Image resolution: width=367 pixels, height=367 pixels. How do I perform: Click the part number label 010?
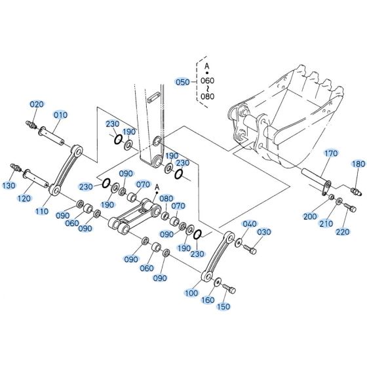click(60, 115)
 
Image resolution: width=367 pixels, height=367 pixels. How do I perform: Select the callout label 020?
click(37, 104)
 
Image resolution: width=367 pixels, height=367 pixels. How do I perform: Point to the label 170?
click(332, 153)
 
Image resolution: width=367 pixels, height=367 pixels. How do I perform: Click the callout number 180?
click(358, 164)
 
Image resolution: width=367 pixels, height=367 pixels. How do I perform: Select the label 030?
click(263, 232)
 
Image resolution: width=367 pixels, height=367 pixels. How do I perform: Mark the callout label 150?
click(223, 307)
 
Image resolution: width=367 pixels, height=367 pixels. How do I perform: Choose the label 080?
click(166, 199)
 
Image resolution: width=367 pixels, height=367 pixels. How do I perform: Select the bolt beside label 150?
click(229, 289)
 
